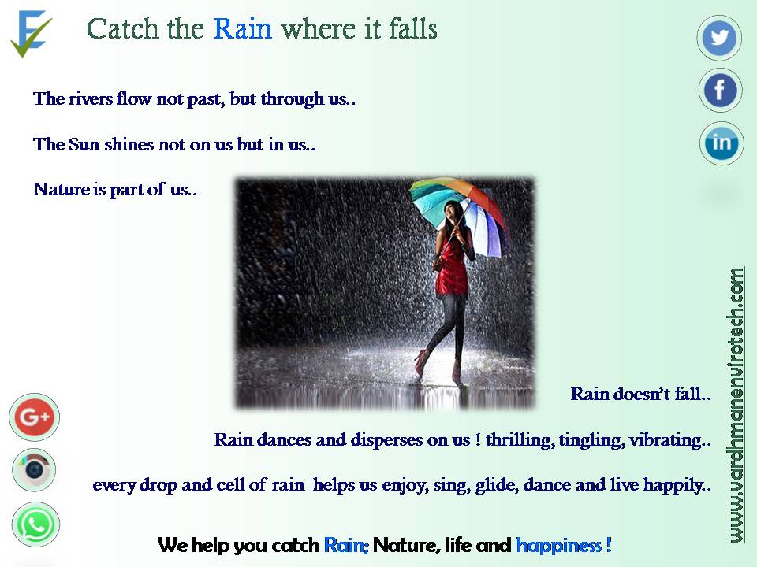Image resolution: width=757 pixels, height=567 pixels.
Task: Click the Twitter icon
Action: (719, 38)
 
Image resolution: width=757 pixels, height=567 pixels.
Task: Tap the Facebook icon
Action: (720, 90)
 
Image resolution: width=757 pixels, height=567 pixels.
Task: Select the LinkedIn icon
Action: (722, 143)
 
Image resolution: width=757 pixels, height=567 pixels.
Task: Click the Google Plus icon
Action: (34, 417)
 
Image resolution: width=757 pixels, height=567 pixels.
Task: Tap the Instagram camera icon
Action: (34, 469)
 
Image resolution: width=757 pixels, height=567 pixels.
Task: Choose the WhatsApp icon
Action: (35, 524)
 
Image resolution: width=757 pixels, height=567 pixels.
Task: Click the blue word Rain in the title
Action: (242, 29)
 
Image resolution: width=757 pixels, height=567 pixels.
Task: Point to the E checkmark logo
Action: (31, 34)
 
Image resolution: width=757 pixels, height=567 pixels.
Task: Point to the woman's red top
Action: (451, 270)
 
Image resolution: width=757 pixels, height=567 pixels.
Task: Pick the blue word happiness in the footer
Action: (558, 545)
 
